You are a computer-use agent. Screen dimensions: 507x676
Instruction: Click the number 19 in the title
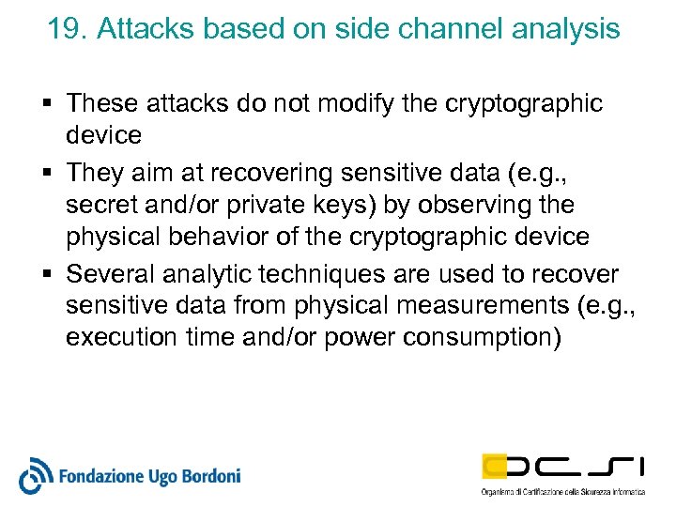[x=63, y=29]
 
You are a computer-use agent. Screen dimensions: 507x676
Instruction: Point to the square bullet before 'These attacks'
[x=51, y=104]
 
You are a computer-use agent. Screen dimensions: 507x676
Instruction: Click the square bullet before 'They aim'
[x=51, y=172]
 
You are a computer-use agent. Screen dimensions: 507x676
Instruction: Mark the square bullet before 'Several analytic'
[x=51, y=274]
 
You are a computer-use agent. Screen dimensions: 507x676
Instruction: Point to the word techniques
[x=333, y=274]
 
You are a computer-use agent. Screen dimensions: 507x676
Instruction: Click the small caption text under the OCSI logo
[x=562, y=492]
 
